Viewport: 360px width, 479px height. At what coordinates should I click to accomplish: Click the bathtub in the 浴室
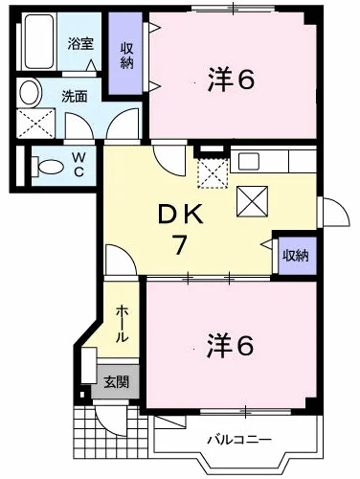[39, 41]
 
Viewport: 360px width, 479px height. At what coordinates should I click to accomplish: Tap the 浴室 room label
[80, 44]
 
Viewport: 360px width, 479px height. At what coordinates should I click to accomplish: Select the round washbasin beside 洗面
[30, 92]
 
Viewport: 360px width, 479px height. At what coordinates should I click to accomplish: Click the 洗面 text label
[75, 97]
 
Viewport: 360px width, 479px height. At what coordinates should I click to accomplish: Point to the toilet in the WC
[47, 166]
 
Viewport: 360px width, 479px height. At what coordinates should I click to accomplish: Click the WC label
[79, 164]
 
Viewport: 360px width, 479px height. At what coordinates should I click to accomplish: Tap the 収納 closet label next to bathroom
[126, 56]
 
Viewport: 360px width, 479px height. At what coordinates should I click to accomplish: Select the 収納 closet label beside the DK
[296, 255]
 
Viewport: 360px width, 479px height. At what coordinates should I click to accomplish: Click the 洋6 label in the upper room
[231, 80]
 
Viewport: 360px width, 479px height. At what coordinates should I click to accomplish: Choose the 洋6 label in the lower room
[231, 345]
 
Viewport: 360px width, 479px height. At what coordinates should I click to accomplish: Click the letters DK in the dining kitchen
[181, 215]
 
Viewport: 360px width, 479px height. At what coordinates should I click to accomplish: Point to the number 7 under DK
[179, 244]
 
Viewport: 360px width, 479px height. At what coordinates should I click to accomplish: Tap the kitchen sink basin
[249, 161]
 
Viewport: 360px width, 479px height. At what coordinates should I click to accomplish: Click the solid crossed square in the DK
[252, 201]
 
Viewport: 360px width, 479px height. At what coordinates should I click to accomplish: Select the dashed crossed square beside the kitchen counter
[214, 172]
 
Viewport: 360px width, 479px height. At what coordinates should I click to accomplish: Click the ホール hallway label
[122, 324]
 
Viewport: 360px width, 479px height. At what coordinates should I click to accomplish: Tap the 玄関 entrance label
[117, 382]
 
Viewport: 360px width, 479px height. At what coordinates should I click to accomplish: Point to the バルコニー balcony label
[239, 440]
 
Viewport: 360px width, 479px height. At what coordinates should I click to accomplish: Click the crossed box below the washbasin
[35, 124]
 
